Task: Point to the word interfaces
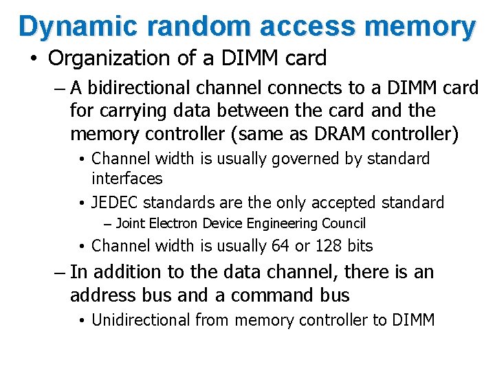(x=126, y=179)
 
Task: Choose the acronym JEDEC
(x=118, y=203)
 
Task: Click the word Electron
(x=177, y=223)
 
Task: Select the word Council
(x=344, y=223)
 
